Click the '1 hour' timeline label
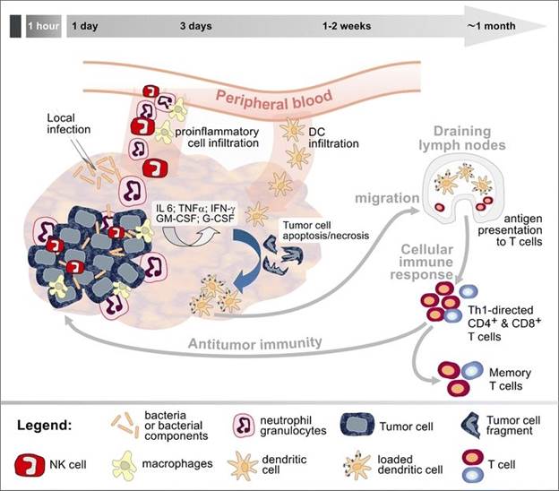point(44,26)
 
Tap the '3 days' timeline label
point(195,26)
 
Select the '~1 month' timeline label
point(491,26)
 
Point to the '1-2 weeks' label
point(347,26)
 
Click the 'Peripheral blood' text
point(274,99)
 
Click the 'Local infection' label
point(68,124)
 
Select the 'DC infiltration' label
point(333,137)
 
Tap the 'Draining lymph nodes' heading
point(462,138)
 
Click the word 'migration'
point(387,198)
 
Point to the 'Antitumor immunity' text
point(255,343)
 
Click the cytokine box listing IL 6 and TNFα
point(195,213)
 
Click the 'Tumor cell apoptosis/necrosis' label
point(326,230)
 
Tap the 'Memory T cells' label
point(510,379)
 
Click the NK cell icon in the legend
point(30,465)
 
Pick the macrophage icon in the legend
point(125,465)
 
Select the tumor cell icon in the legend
point(357,425)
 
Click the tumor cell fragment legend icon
point(471,426)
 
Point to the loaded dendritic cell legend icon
point(357,465)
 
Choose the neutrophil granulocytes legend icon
point(244,425)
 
